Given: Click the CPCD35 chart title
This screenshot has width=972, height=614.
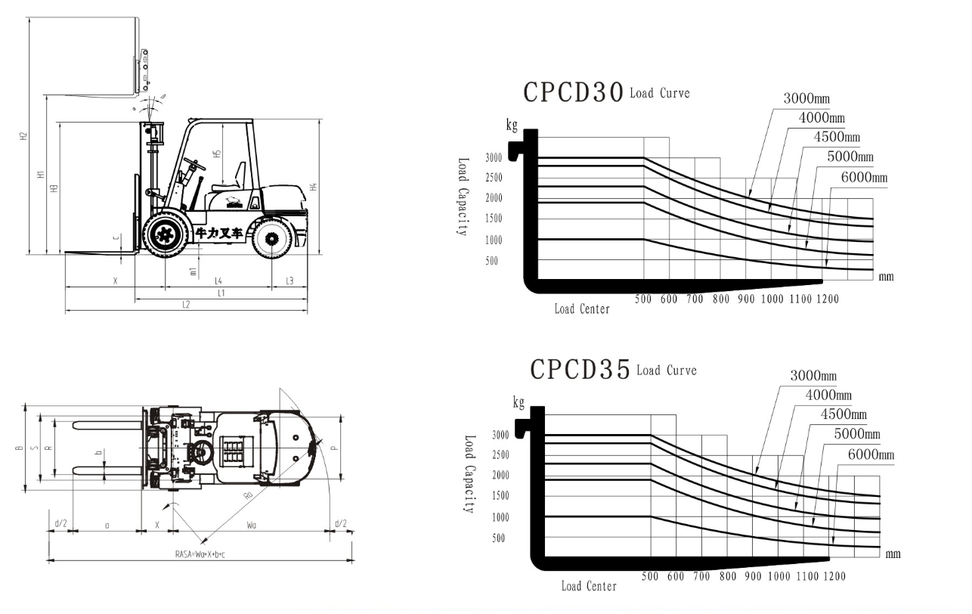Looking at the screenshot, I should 580,369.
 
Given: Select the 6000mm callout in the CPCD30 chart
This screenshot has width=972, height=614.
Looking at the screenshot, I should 864,178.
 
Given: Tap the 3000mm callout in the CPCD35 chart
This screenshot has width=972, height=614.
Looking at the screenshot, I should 813,376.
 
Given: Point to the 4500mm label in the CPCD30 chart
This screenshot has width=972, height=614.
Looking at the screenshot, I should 837,138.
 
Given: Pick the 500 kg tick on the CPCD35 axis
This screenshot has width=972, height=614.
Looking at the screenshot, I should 499,538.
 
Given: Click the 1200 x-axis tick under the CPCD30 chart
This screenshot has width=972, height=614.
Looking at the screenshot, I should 828,299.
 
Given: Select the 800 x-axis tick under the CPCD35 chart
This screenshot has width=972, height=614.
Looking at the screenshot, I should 728,577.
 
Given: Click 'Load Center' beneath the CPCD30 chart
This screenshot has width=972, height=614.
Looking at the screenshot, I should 582,309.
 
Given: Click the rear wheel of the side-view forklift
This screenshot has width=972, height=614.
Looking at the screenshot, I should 273,237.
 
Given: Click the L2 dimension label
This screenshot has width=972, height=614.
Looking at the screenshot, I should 185,305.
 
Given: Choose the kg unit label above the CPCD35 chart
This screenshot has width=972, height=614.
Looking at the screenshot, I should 519,402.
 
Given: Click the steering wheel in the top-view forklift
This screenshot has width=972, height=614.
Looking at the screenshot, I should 200,453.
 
